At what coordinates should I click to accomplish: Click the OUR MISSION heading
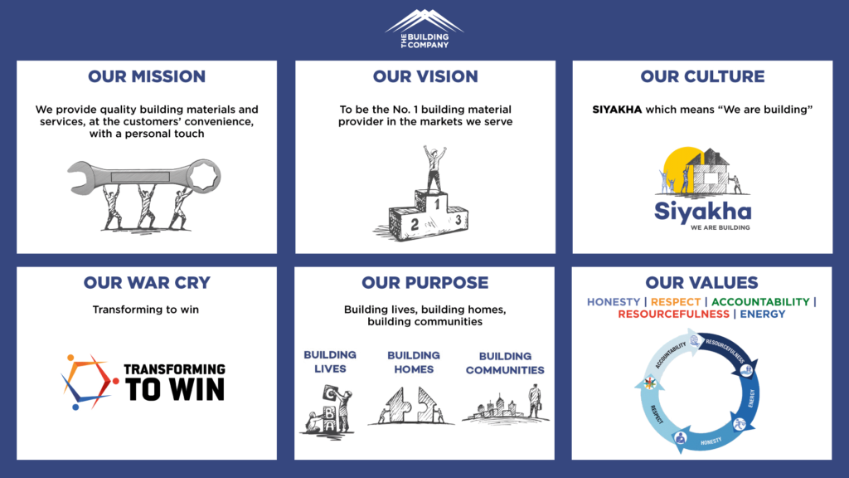tap(147, 76)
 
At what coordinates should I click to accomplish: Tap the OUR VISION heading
tap(425, 76)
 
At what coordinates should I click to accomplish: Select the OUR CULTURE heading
tap(702, 76)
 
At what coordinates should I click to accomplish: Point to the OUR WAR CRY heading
tap(147, 283)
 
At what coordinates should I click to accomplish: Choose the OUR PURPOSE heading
tap(425, 283)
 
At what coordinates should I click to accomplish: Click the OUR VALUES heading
tap(702, 283)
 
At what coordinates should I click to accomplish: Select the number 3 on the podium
tap(457, 220)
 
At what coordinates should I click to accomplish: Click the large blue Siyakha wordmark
tap(702, 211)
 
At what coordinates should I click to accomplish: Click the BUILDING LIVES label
tap(330, 361)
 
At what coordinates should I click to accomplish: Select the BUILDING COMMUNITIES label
tap(505, 363)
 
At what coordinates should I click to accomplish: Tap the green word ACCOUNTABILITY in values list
tap(760, 302)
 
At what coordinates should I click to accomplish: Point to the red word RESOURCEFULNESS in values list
tap(672, 315)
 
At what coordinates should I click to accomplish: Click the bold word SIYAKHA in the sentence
tap(617, 110)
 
